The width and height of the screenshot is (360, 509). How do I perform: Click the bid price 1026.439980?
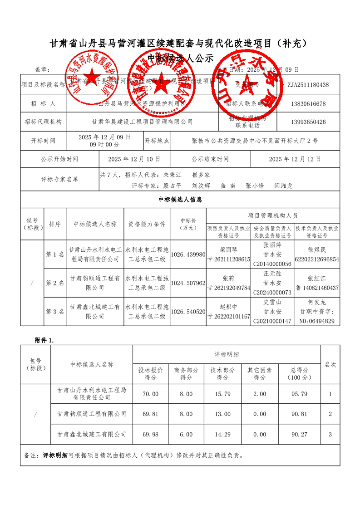click(x=188, y=254)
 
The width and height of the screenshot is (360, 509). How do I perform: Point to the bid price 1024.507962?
click(x=188, y=283)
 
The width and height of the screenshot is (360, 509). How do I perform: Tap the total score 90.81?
click(x=300, y=414)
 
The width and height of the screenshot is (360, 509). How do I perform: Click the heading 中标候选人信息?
click(x=180, y=199)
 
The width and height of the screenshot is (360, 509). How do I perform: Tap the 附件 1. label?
click(x=44, y=340)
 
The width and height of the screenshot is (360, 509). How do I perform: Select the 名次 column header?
click(x=330, y=364)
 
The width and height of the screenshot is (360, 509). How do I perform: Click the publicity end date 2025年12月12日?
click(x=295, y=159)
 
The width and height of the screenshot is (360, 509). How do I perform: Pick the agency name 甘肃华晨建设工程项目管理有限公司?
click(x=142, y=122)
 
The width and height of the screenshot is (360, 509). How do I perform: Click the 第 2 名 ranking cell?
click(x=55, y=283)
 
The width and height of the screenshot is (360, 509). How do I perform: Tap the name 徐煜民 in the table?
click(x=317, y=250)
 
